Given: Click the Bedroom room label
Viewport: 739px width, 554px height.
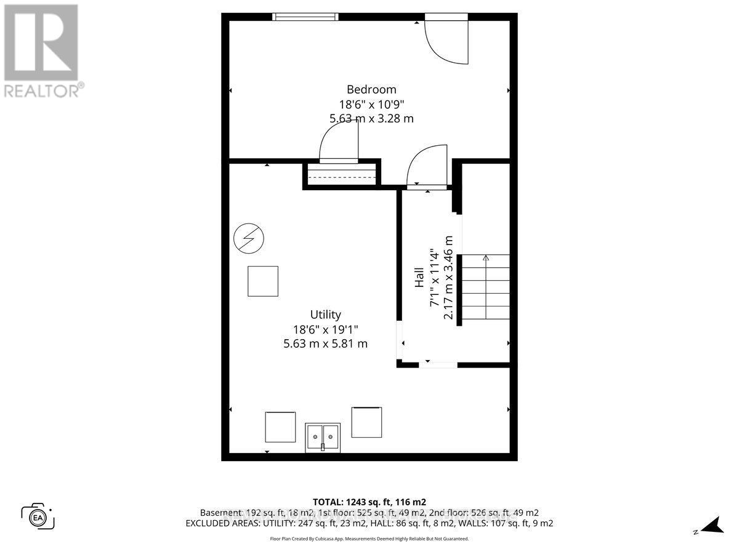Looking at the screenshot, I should pyautogui.click(x=371, y=89).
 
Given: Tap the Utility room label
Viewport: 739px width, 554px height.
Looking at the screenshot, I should pyautogui.click(x=325, y=315).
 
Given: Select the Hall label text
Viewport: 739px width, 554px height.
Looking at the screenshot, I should pyautogui.click(x=419, y=277).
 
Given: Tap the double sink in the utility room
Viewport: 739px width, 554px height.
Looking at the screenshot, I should pyautogui.click(x=323, y=438).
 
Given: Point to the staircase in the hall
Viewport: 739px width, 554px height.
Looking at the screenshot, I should pyautogui.click(x=485, y=287).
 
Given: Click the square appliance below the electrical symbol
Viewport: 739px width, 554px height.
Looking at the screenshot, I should pyautogui.click(x=263, y=281).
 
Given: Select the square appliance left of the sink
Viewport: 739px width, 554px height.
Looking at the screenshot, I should pyautogui.click(x=280, y=427).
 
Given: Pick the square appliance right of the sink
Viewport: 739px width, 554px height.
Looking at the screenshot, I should pyautogui.click(x=366, y=422).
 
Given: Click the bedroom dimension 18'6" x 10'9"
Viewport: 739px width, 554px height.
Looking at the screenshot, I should pyautogui.click(x=371, y=104).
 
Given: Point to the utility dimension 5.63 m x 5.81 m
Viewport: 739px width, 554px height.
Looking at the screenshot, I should pyautogui.click(x=325, y=343).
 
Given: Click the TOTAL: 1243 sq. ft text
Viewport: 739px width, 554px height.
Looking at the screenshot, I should pyautogui.click(x=369, y=501).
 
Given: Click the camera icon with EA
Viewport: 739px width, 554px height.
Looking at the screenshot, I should pyautogui.click(x=38, y=516).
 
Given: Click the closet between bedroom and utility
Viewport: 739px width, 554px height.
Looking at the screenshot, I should pyautogui.click(x=341, y=175).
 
